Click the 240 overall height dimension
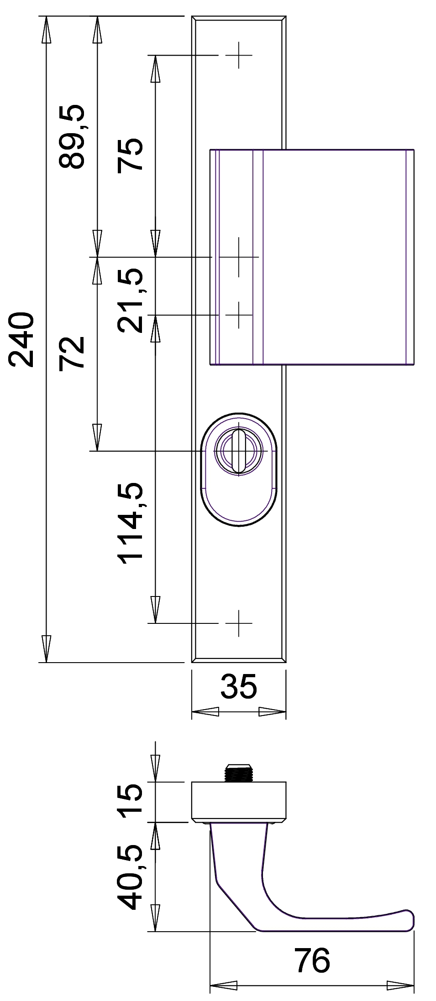coord(21,339)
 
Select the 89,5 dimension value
coord(72,137)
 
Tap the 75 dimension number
coord(130,155)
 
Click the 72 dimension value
coord(72,352)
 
